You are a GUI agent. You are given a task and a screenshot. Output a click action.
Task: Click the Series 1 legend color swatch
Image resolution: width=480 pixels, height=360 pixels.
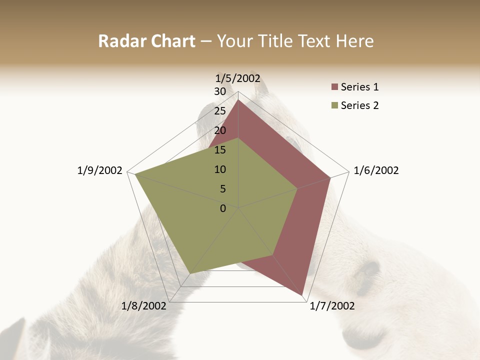pyautogui.click(x=334, y=87)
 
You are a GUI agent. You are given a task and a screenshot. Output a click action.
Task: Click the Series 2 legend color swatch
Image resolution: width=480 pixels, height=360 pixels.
pyautogui.click(x=334, y=105)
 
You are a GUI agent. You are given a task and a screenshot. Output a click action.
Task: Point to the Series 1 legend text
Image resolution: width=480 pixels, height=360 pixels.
pyautogui.click(x=359, y=87)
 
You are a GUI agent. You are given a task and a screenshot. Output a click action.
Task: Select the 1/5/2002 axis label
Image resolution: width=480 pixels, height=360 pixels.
pyautogui.click(x=238, y=78)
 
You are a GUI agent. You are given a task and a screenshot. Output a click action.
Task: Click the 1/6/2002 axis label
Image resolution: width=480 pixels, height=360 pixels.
pyautogui.click(x=376, y=170)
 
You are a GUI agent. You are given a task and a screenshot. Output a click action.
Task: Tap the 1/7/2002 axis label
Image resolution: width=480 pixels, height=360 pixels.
pyautogui.click(x=332, y=306)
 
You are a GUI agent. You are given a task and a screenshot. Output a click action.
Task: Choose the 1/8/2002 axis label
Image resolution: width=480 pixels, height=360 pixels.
pyautogui.click(x=144, y=306)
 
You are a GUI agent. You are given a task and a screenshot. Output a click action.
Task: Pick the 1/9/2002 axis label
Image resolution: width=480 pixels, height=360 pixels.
pyautogui.click(x=100, y=170)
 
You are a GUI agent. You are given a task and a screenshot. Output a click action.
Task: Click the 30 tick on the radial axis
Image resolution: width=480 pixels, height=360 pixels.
pyautogui.click(x=220, y=91)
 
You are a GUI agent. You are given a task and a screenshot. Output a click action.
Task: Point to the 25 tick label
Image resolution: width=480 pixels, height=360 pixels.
pyautogui.click(x=220, y=111)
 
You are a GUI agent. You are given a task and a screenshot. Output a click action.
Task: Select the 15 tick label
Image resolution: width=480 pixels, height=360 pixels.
pyautogui.click(x=220, y=150)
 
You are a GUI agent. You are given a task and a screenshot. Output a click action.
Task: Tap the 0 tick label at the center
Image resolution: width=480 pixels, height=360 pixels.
pyautogui.click(x=223, y=208)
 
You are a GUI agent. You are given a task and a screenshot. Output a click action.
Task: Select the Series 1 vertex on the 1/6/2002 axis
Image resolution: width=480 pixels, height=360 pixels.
pyautogui.click(x=330, y=178)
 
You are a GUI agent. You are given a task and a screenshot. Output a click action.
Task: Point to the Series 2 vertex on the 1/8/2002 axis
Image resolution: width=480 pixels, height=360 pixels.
pyautogui.click(x=190, y=273)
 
